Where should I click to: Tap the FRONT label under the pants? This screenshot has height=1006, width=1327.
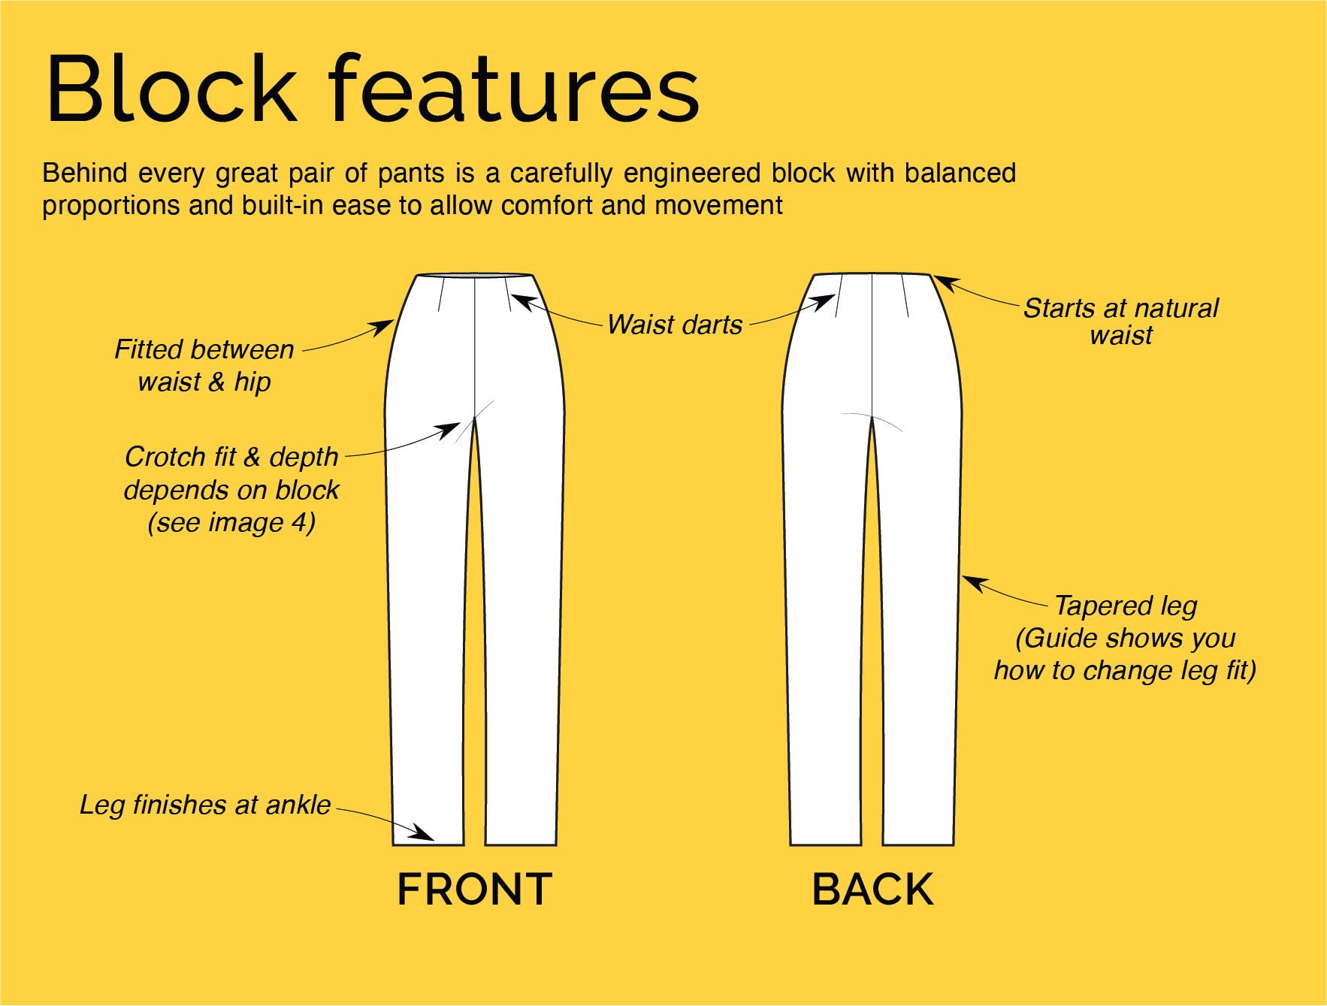coord(474,890)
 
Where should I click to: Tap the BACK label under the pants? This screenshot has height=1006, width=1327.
coord(872,890)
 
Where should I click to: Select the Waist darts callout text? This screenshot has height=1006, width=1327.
coord(675,325)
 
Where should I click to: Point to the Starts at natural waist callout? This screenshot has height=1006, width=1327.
coord(1120,322)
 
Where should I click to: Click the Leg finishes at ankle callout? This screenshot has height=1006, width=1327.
coord(205,805)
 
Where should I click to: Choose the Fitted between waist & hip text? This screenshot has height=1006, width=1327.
coord(204,366)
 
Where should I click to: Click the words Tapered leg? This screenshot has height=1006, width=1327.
coord(1125,606)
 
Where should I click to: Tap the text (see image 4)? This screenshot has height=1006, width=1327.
coord(231,522)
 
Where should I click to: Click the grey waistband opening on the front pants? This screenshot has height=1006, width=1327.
coord(474,276)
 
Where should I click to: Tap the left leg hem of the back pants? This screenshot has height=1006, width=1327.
coord(826,844)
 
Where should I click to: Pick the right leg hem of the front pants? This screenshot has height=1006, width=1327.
coord(521,844)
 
